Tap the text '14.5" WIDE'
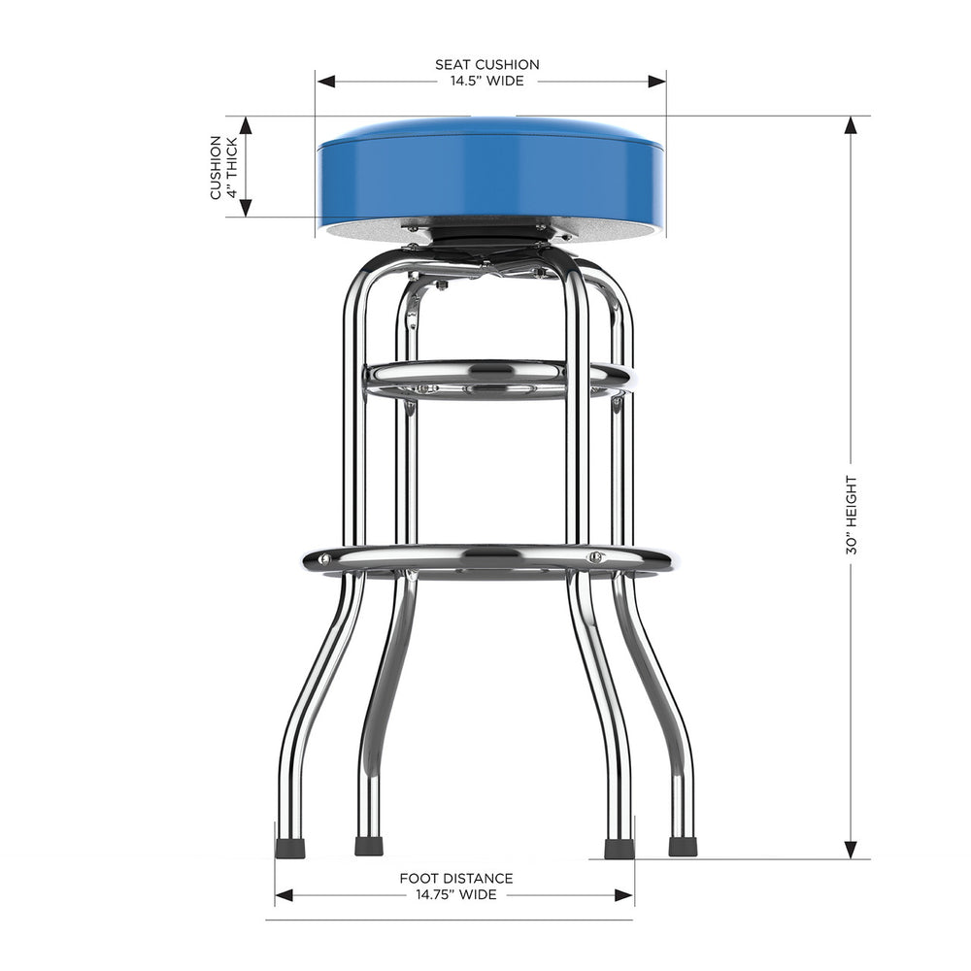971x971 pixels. coord(486,82)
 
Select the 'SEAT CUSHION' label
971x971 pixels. coord(486,65)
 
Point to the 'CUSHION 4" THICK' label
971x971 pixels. coord(222,167)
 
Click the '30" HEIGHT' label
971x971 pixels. coord(852,515)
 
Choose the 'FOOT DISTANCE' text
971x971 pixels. coord(456,879)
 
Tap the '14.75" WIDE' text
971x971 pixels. coord(456,894)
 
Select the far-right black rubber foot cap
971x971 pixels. coord(683,846)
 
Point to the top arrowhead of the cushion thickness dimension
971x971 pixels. coord(246,125)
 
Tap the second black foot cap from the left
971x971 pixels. coord(369,846)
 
